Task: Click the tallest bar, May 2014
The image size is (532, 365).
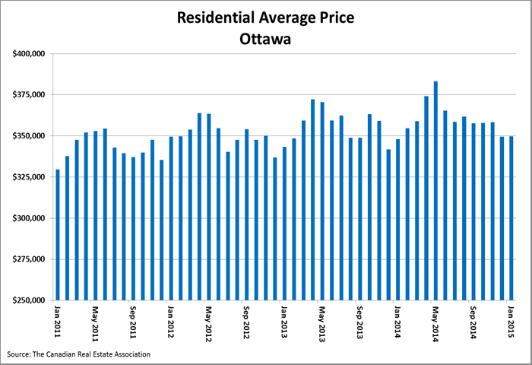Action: (435, 191)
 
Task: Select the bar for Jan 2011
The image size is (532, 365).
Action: (58, 235)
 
